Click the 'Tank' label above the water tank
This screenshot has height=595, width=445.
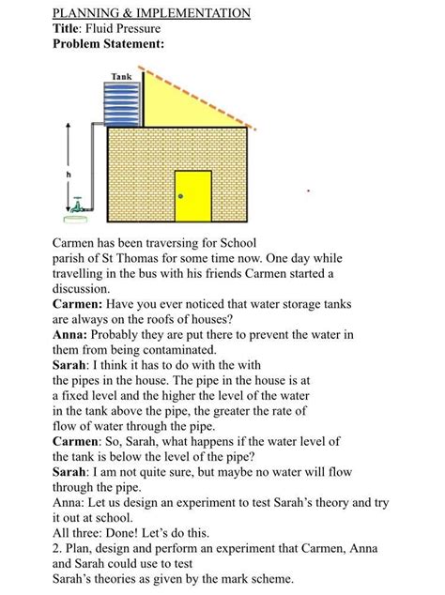pos(121,75)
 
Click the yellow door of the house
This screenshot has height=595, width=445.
pos(192,196)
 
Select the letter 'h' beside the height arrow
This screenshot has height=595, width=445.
pos(69,175)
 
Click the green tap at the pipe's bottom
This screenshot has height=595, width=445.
pos(79,205)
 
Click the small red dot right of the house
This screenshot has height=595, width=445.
pos(308,191)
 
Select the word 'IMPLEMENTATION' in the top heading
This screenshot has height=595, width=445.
pos(193,13)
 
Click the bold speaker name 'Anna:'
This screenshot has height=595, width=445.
pos(70,334)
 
